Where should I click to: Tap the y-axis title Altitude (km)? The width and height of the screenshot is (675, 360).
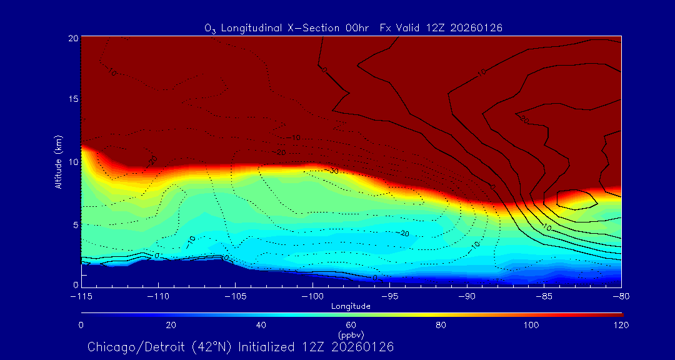click(58, 161)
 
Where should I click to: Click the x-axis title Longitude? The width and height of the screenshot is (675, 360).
click(351, 306)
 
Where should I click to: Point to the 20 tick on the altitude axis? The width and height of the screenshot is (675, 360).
click(72, 38)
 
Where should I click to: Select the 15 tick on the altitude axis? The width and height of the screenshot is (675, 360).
click(72, 99)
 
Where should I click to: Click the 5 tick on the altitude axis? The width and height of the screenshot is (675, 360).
click(74, 224)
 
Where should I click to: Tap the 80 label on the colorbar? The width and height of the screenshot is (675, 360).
click(441, 325)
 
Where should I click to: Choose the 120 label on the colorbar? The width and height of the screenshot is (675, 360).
click(621, 325)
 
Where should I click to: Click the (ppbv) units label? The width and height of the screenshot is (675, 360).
click(351, 335)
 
